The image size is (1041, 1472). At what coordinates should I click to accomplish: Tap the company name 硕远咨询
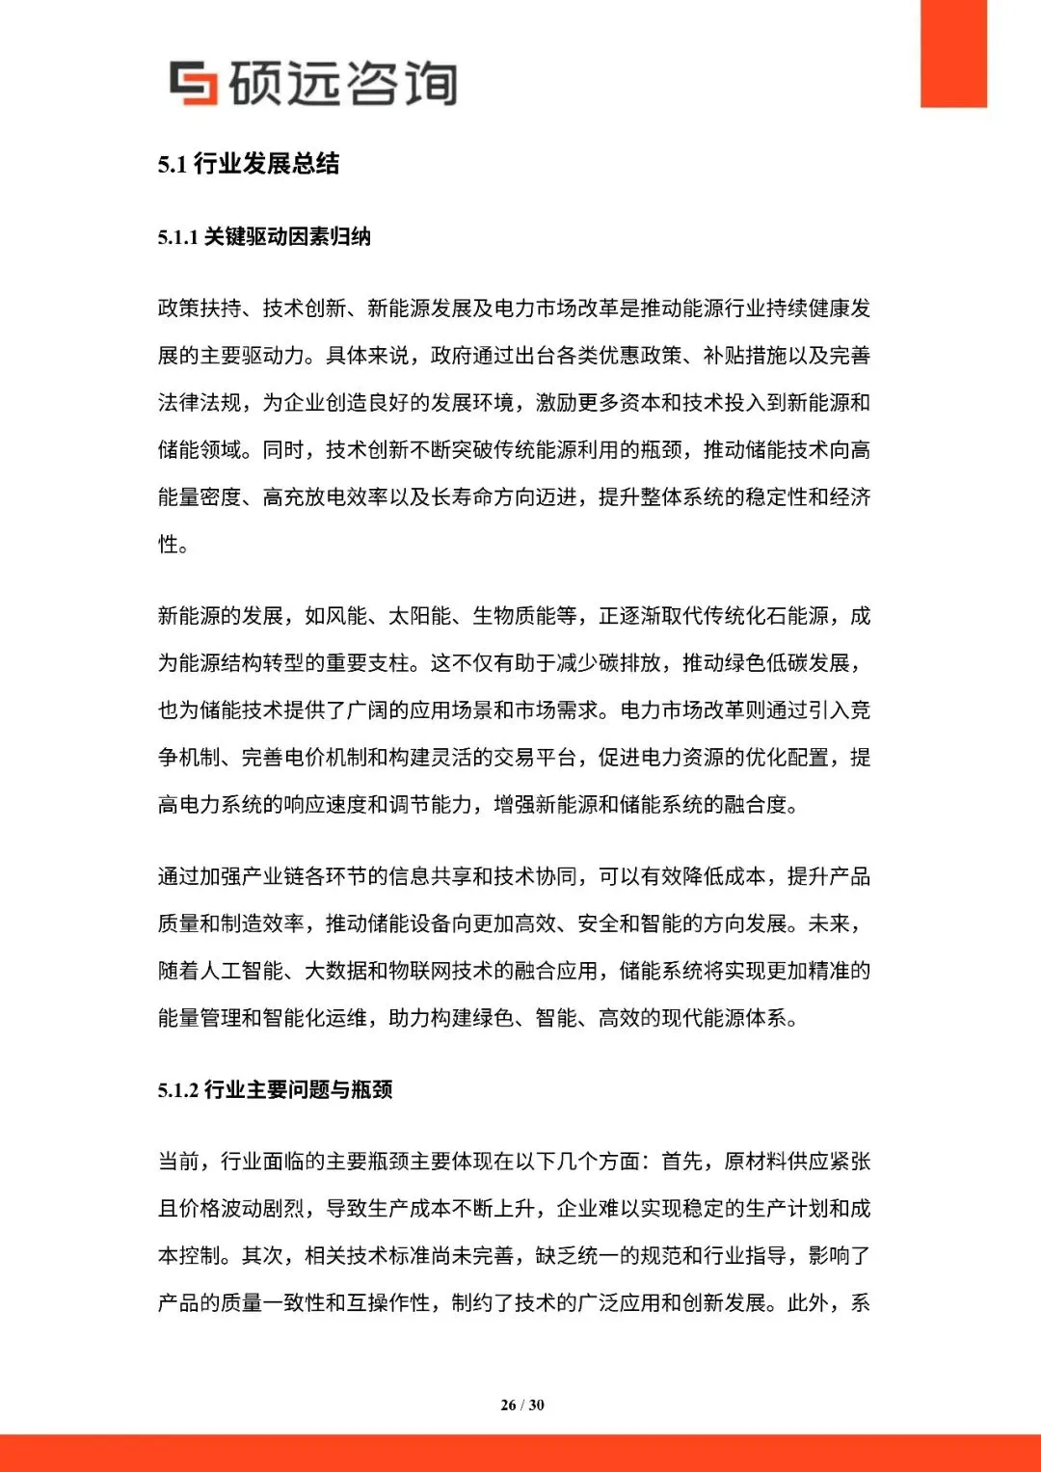pyautogui.click(x=342, y=83)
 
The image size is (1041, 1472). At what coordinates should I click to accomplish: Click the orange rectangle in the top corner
pyautogui.click(x=953, y=53)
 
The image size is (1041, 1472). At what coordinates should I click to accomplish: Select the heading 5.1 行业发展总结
pyautogui.click(x=249, y=164)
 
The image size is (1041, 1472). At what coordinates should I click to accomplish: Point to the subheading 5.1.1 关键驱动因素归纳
pyautogui.click(x=264, y=237)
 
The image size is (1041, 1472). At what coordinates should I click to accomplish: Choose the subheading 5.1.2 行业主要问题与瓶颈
pyautogui.click(x=275, y=1090)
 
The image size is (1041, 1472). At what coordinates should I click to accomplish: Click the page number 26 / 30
pyautogui.click(x=521, y=1405)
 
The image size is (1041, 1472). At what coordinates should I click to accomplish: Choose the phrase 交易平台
pyautogui.click(x=535, y=758)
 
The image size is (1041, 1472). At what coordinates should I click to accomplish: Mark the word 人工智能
pyautogui.click(x=242, y=971)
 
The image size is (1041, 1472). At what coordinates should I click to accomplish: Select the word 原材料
pyautogui.click(x=756, y=1162)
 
